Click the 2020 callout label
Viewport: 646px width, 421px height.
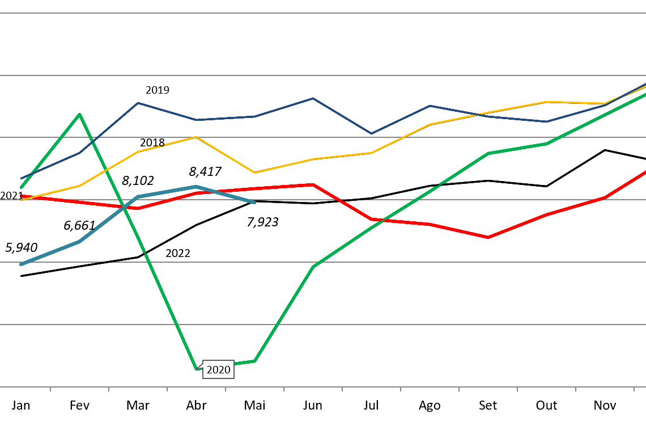pos(218,370)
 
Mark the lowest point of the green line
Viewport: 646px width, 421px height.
pos(197,369)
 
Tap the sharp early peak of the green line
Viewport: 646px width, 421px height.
pos(79,114)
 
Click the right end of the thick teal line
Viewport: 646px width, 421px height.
pos(254,202)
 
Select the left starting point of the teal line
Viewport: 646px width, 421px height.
pos(21,264)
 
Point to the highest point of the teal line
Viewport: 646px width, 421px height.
pos(196,187)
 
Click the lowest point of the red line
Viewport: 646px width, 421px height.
pos(488,237)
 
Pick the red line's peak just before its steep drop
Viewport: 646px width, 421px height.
pos(313,184)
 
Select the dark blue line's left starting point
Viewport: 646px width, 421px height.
pos(21,179)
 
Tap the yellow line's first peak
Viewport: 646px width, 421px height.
pos(196,137)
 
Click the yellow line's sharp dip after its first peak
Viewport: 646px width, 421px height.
pos(254,172)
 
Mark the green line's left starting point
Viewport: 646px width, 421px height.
pos(21,187)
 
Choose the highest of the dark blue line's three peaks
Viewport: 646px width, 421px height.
pos(313,99)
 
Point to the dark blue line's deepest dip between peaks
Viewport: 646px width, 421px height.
pos(371,133)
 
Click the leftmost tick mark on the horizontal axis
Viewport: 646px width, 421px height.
pos(50,389)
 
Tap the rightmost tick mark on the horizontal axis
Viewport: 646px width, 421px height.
pos(634,389)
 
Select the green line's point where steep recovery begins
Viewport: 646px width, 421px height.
pos(254,361)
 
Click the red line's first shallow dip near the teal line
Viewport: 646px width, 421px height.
pos(138,208)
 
